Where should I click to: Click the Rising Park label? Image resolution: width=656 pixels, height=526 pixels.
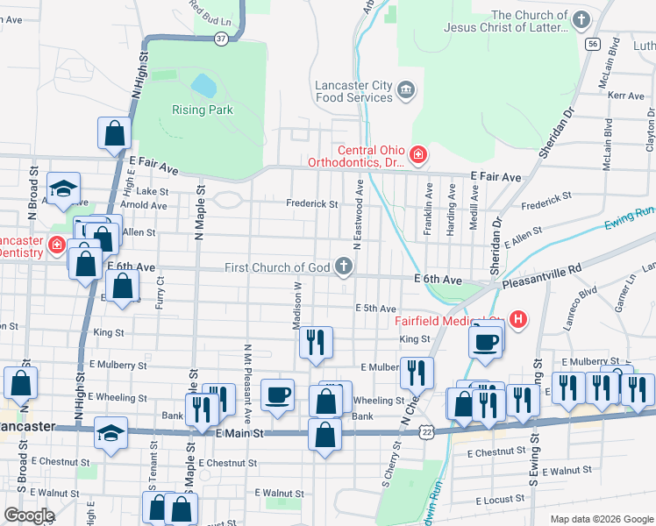203,110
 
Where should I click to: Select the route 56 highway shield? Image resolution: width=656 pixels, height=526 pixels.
594,44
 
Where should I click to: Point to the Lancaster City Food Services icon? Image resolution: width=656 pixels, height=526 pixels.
406,89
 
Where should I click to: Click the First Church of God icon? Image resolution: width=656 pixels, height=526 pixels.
344,267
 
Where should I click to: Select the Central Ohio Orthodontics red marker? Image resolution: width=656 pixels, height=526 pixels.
418,156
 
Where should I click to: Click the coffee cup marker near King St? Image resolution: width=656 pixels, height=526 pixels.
485,340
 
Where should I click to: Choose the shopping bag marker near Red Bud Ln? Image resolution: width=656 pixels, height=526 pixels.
115,134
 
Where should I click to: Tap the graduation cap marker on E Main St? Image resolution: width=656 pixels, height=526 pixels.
111,434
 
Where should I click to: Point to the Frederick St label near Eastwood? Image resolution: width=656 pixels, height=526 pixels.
312,203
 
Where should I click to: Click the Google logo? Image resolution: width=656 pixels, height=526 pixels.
28,515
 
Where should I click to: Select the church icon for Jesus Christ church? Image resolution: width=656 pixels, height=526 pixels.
580,19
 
